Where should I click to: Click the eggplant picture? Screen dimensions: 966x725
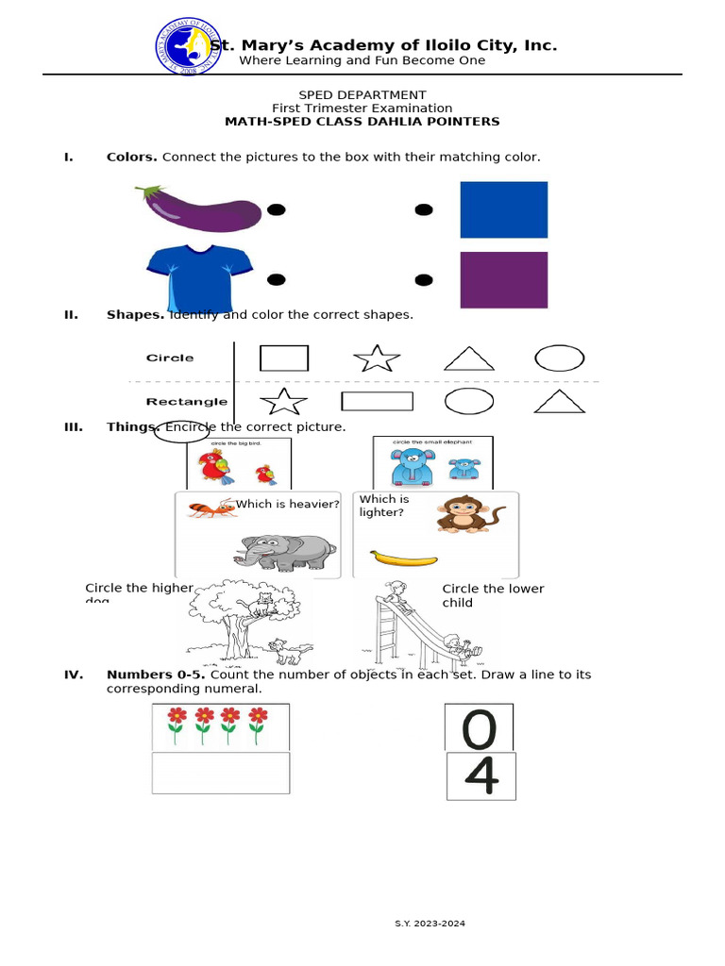pyautogui.click(x=200, y=208)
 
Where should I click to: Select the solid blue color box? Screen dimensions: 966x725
pyautogui.click(x=503, y=209)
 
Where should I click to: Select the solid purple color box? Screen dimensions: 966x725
pyautogui.click(x=503, y=280)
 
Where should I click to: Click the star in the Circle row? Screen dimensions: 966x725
pyautogui.click(x=377, y=358)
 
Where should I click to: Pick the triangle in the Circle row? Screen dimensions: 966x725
pyautogui.click(x=469, y=358)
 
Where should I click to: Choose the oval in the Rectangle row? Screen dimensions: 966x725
pyautogui.click(x=469, y=401)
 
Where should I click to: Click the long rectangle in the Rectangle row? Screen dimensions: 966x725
pyautogui.click(x=377, y=401)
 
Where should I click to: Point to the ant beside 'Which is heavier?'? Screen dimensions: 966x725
pyautogui.click(x=210, y=508)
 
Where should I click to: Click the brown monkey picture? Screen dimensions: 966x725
pyautogui.click(x=462, y=515)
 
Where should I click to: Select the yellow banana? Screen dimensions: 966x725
pyautogui.click(x=403, y=558)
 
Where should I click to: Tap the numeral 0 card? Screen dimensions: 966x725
pyautogui.click(x=479, y=727)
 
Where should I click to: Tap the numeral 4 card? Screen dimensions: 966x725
pyautogui.click(x=481, y=775)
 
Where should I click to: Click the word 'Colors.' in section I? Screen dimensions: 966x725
pyautogui.click(x=132, y=157)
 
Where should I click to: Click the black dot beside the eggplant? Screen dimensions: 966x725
pyautogui.click(x=276, y=209)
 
